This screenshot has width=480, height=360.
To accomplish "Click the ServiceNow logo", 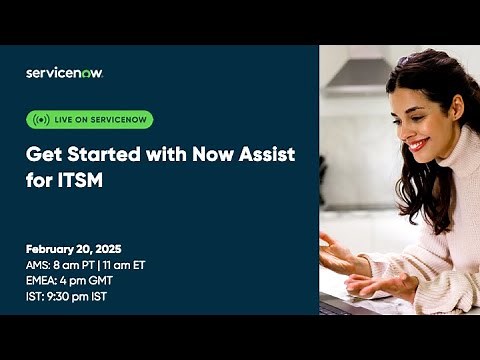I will click(x=64, y=72).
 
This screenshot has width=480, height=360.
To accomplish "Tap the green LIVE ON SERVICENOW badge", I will click(x=89, y=120).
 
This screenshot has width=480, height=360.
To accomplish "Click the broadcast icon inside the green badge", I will click(x=41, y=120).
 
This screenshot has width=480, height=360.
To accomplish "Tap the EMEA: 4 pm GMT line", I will click(x=71, y=280).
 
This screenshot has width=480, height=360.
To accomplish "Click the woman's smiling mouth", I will click(x=417, y=146).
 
